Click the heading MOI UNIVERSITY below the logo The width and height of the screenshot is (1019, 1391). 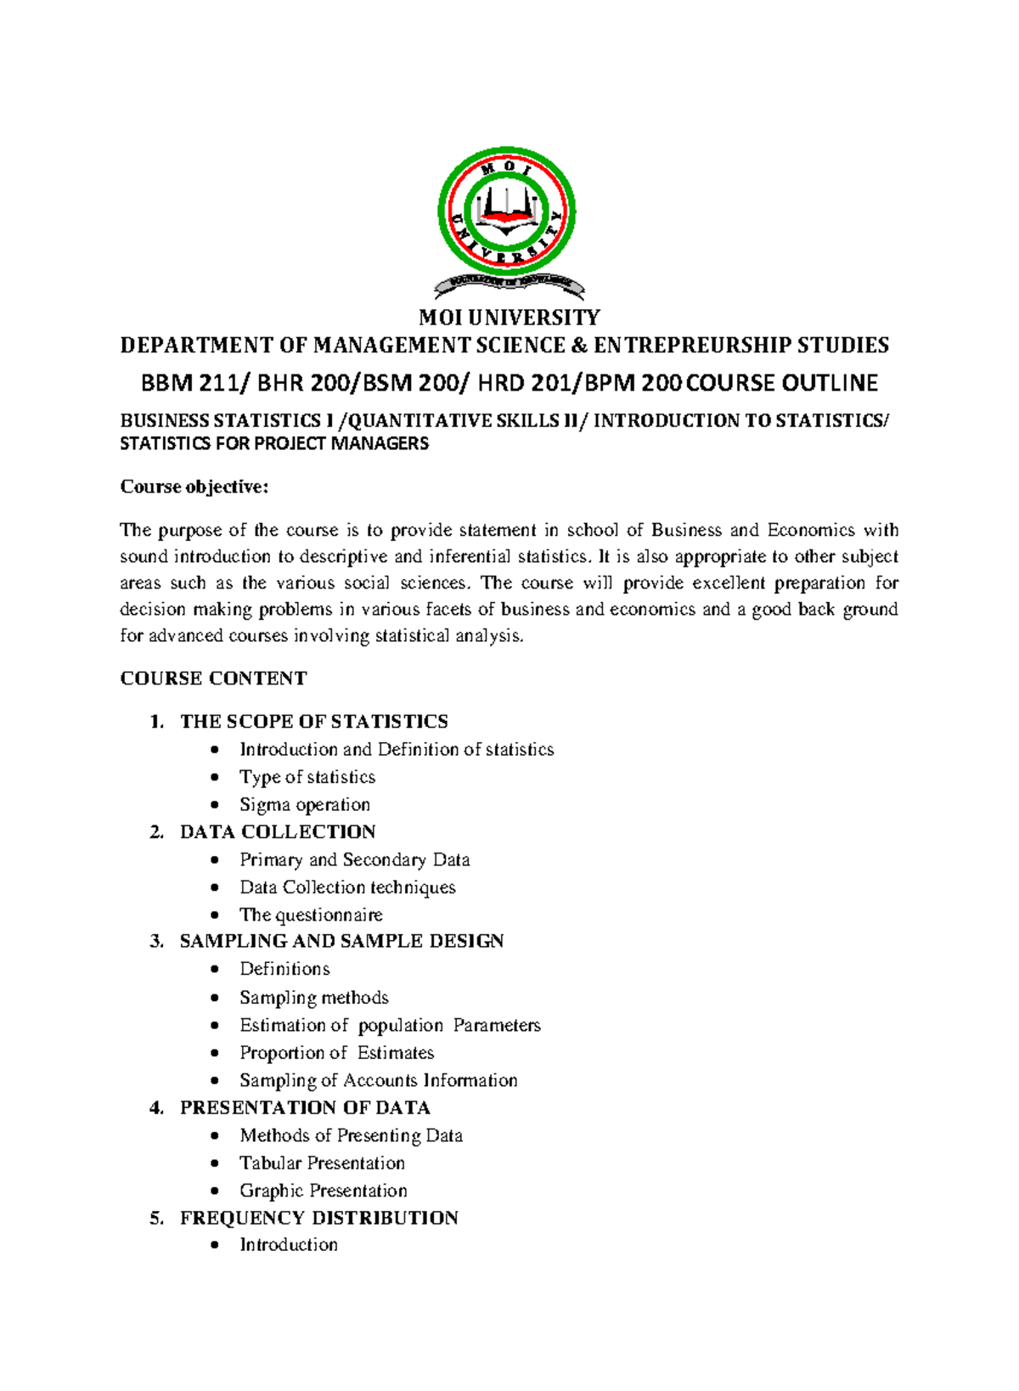coord(509,318)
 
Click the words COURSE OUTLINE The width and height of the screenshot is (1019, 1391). coord(781,383)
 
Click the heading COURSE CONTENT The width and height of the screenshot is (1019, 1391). coord(213,679)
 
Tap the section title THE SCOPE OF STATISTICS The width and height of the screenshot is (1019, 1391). coord(313,722)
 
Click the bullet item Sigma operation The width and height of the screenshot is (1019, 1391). coord(304,804)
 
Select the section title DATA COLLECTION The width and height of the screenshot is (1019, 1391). coord(278,832)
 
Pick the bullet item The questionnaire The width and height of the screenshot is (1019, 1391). coord(311,915)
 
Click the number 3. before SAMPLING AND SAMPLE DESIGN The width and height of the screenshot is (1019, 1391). coord(156,941)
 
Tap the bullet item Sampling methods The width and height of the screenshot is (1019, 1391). coord(313,998)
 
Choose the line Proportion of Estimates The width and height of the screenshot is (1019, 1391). coord(336,1053)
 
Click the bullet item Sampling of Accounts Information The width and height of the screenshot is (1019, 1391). coord(378,1080)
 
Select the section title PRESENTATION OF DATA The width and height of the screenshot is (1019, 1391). coord(305,1108)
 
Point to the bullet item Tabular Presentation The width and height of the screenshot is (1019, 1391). coord(322,1163)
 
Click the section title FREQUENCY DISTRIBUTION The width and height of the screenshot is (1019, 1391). coord(318,1219)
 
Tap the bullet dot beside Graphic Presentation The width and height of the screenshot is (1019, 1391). coord(217,1191)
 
